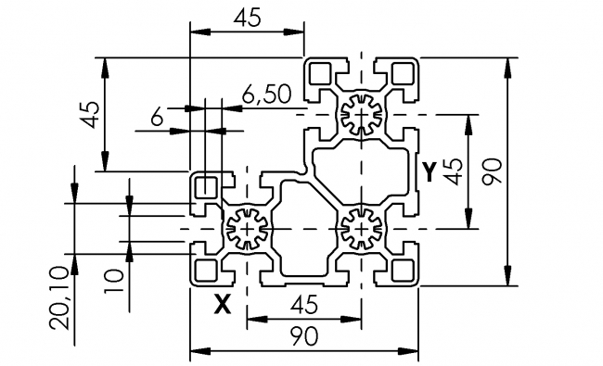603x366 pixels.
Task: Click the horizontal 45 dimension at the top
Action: click(x=246, y=18)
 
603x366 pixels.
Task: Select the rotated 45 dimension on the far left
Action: click(x=90, y=115)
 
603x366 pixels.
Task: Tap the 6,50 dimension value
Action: click(x=266, y=93)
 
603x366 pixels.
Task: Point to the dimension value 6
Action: click(x=157, y=117)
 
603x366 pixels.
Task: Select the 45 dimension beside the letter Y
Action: click(x=454, y=170)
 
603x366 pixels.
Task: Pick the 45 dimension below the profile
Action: click(x=302, y=304)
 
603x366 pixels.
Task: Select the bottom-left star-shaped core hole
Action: click(x=247, y=228)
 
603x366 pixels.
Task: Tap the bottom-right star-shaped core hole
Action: click(x=360, y=228)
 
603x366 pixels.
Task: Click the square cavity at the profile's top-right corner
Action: click(x=402, y=74)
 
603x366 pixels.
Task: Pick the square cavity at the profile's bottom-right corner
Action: click(x=402, y=270)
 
